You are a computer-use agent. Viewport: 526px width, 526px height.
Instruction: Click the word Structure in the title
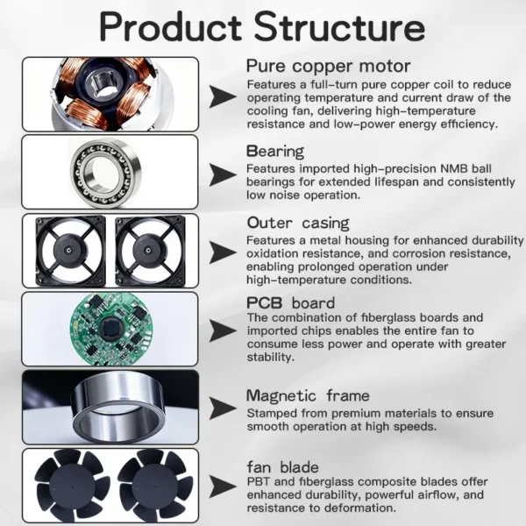[339, 27]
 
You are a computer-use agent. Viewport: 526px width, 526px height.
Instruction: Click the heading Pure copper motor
[328, 66]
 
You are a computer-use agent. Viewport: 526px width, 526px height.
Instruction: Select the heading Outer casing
[298, 223]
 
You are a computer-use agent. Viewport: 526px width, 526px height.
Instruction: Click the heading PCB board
[290, 303]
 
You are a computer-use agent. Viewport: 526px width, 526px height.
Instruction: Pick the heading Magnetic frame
[308, 396]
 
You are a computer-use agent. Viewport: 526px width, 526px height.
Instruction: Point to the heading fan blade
[282, 467]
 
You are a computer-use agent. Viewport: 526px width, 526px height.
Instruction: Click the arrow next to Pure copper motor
[223, 96]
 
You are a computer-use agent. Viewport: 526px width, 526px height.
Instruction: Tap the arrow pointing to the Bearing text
[223, 174]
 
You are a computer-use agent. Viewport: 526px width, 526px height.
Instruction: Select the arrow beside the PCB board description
[223, 331]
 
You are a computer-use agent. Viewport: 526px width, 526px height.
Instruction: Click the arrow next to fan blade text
[223, 487]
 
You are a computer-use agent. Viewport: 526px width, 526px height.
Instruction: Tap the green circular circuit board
[111, 329]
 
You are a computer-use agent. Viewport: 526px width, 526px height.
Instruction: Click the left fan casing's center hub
[68, 250]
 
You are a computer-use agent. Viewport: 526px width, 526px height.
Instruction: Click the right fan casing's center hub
[148, 250]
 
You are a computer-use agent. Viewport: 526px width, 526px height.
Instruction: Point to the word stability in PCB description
[270, 358]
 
